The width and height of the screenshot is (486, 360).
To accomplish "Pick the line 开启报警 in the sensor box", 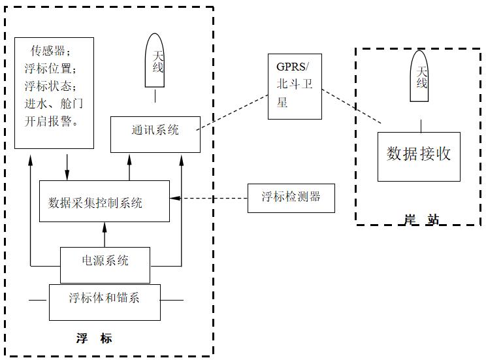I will [x=53, y=122].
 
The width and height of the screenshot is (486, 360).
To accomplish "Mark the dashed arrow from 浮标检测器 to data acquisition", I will [x=209, y=198].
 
